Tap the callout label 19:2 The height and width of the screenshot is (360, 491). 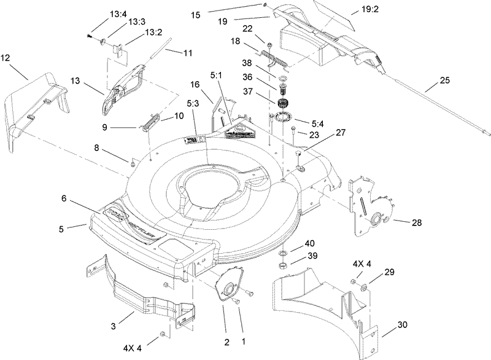(x=357, y=9)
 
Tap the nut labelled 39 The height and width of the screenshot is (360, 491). (x=283, y=265)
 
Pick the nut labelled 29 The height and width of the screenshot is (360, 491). (x=363, y=285)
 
